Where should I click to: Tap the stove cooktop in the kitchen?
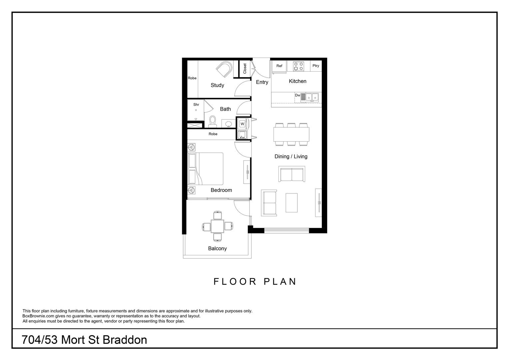298,66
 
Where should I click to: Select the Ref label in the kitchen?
279,66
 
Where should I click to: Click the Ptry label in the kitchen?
316,66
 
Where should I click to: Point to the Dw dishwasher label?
297,95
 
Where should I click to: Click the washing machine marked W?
243,124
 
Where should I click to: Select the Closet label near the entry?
245,69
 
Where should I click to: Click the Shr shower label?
196,105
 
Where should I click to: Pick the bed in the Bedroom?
206,169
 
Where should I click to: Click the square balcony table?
218,226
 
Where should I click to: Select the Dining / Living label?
291,157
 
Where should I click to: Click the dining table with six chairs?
291,135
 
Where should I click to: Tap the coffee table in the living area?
291,203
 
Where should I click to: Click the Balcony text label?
217,249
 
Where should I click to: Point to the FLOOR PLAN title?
255,282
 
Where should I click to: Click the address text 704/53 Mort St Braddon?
84,340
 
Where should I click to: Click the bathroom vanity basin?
229,124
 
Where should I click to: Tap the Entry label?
262,82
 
